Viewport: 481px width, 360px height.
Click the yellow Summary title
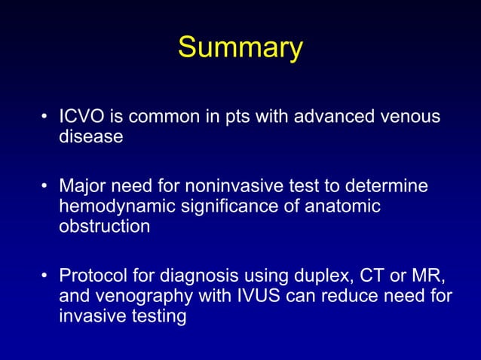click(x=240, y=48)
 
